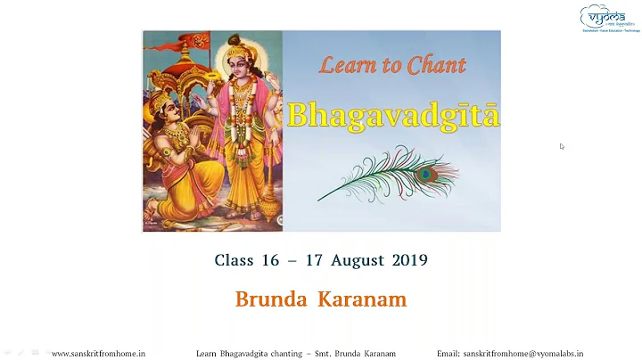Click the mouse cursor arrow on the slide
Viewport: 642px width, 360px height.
(x=562, y=146)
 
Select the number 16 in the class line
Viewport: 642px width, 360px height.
(x=269, y=260)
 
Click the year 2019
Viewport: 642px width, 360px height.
(x=407, y=260)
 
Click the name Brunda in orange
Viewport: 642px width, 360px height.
(x=271, y=299)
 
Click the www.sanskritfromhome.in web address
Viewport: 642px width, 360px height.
(x=98, y=354)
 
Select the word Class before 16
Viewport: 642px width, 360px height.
(x=234, y=260)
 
